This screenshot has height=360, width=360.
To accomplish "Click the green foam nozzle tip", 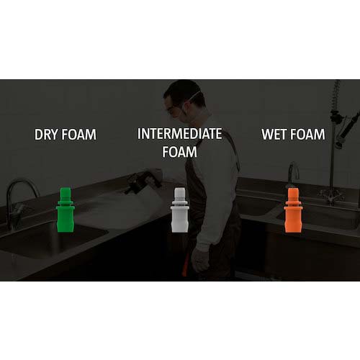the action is point(66,210).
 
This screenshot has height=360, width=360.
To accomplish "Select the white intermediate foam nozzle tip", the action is point(180,210).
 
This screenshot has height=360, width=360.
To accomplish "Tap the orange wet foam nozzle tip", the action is point(292,210).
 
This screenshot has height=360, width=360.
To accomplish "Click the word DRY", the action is point(47,135).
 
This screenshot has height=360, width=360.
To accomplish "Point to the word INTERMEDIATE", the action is point(179,134).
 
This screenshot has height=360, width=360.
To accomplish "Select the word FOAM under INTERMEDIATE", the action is point(179,152).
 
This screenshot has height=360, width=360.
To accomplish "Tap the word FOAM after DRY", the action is point(79,135).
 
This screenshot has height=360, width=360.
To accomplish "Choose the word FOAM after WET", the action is point(307,134).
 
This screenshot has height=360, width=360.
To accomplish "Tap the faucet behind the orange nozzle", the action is point(293,171).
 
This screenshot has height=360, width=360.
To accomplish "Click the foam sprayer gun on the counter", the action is point(144,182).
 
